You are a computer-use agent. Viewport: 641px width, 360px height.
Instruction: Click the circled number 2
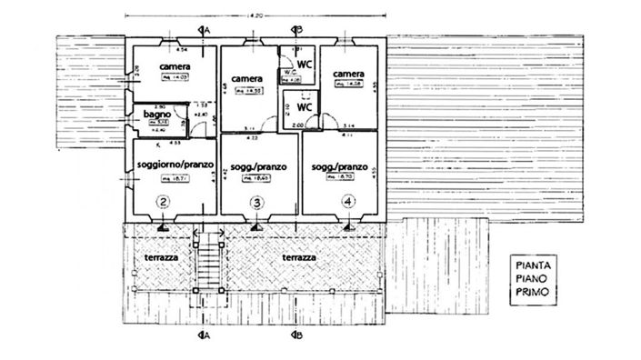click(164, 202)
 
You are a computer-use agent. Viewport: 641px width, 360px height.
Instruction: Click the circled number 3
click(257, 202)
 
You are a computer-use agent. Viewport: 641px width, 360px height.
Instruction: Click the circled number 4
click(346, 202)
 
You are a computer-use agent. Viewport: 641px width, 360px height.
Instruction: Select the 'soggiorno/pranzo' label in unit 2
click(175, 164)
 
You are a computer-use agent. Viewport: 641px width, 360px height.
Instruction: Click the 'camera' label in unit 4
click(349, 74)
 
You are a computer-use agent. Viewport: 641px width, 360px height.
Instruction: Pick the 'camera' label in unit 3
click(247, 78)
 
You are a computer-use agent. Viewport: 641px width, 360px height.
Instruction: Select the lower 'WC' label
click(304, 105)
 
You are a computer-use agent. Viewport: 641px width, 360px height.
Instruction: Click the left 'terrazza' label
click(161, 259)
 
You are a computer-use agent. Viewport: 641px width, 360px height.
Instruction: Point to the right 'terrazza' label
click(299, 259)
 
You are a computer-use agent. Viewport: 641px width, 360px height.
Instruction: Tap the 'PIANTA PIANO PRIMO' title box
click(534, 280)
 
